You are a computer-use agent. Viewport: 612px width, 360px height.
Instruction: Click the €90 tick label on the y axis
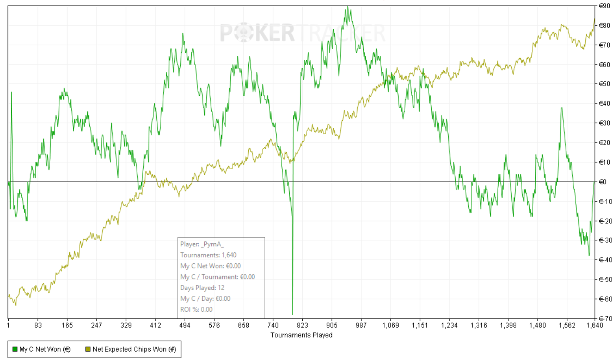[x=603, y=6]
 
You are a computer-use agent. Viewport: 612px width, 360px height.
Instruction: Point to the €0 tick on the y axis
[x=602, y=182]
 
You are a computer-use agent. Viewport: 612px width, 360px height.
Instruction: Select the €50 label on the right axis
[x=603, y=84]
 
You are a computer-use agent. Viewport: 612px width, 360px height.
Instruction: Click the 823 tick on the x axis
[x=302, y=325]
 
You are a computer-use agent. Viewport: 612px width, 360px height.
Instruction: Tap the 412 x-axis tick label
[x=155, y=325]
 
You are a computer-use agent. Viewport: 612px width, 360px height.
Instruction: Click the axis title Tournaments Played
[x=301, y=335]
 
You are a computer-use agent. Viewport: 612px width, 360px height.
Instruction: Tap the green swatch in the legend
[x=15, y=349]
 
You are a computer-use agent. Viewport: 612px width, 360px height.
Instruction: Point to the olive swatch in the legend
[x=88, y=349]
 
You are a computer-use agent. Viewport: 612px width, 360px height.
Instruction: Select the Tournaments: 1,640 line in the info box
[x=208, y=255]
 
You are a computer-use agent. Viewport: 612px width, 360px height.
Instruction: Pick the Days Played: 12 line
[x=202, y=288]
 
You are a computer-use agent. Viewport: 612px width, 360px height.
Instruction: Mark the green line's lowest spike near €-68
[x=292, y=314]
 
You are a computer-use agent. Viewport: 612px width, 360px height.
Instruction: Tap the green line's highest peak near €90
[x=347, y=7]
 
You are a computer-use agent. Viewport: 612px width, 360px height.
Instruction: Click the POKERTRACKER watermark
[x=302, y=33]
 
